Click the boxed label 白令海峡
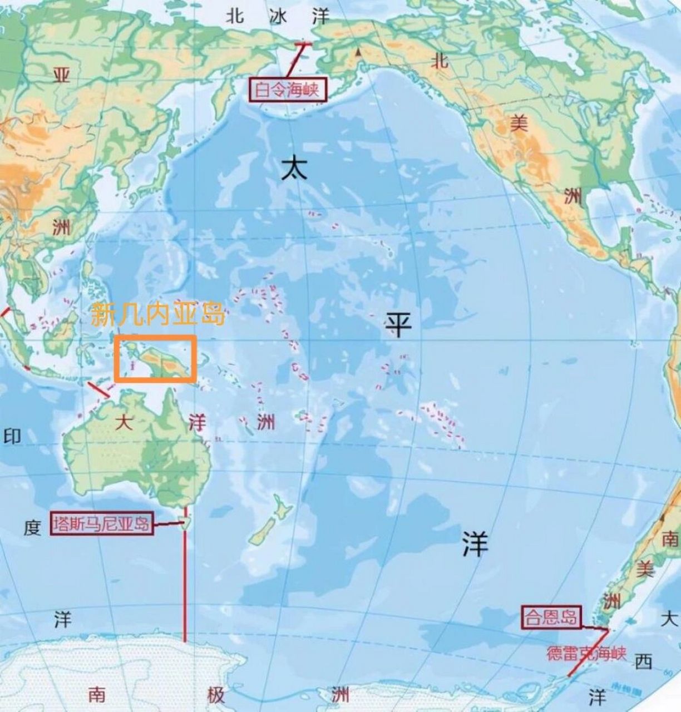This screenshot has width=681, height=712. (x=288, y=90)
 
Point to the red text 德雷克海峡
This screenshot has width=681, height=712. (x=586, y=653)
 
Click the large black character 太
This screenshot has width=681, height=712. (x=294, y=167)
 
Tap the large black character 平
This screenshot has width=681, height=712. (x=399, y=324)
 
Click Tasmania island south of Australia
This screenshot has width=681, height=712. (x=185, y=522)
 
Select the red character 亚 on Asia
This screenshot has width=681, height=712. (x=61, y=75)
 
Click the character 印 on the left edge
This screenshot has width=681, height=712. (x=12, y=436)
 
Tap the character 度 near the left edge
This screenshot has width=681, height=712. (x=32, y=527)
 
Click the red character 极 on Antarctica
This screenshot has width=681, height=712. (x=216, y=694)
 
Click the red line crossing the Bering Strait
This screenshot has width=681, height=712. (x=295, y=59)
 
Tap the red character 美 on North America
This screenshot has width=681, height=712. (x=519, y=123)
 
